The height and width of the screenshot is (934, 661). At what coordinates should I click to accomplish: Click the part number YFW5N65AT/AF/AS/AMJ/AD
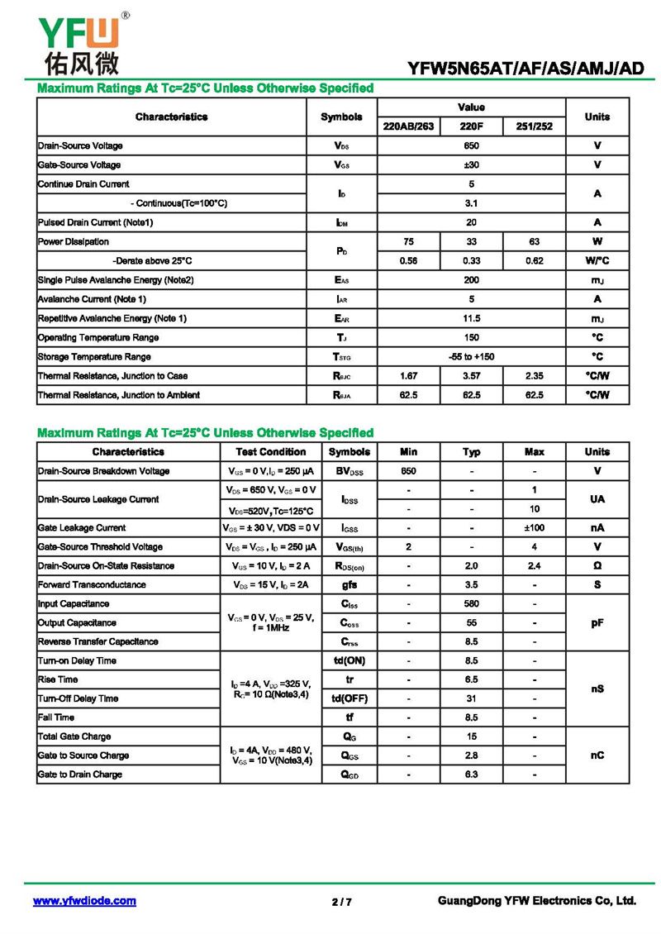tap(525, 69)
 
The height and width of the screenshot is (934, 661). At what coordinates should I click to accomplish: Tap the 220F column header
tap(471, 126)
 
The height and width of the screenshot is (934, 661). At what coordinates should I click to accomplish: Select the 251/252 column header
tap(534, 126)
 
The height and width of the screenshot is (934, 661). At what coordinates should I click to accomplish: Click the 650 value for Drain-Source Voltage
tap(471, 145)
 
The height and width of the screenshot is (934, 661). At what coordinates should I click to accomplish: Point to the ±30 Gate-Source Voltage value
tap(471, 164)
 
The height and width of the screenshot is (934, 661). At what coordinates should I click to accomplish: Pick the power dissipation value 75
tap(408, 241)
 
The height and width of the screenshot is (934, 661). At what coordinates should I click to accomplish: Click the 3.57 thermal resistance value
tap(471, 376)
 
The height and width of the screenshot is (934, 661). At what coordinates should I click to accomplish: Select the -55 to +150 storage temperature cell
tap(471, 357)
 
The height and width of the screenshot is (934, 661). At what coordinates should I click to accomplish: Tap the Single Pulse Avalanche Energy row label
tap(116, 280)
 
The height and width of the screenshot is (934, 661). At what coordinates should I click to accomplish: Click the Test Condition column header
tap(270, 452)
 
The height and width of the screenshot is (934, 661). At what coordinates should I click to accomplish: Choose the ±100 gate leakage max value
tap(534, 527)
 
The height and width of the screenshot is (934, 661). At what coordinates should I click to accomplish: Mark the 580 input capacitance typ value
tap(471, 604)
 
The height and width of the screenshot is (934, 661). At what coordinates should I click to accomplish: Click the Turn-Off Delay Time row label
tap(78, 698)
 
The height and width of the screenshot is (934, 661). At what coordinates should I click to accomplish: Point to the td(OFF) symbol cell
tap(350, 698)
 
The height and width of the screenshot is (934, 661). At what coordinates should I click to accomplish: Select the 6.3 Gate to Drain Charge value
tap(471, 774)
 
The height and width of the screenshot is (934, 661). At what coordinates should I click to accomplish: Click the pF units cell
tap(597, 623)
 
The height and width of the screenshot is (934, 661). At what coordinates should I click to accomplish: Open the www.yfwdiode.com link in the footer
tap(84, 901)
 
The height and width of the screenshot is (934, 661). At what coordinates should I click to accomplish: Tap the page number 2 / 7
tap(341, 902)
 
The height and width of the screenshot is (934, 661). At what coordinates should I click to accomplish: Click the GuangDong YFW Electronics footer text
tap(536, 901)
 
